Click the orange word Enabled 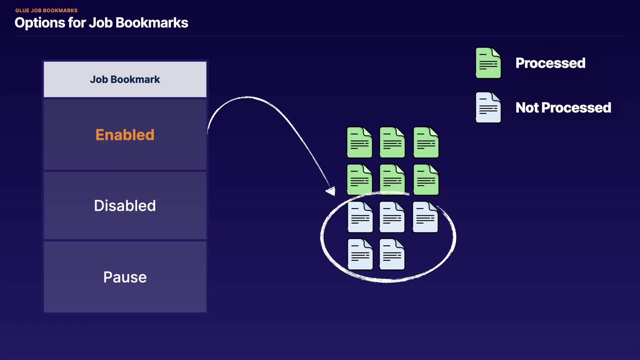point(125,135)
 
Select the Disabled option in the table point(125,206)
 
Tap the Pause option point(125,277)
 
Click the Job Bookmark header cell point(125,79)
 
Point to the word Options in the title point(40,23)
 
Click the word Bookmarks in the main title point(152,23)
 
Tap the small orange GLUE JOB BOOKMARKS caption point(46,11)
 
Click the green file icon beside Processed point(488,63)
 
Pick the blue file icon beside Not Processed point(488,107)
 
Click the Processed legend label point(550,63)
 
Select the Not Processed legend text point(563,108)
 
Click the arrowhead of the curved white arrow point(331,191)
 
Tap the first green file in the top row point(359,142)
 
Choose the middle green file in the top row point(392,142)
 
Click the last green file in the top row point(426,142)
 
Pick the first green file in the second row point(359,180)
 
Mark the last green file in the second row point(426,180)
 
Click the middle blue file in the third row point(392,217)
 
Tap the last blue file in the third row point(425,217)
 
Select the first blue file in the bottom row point(360,254)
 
